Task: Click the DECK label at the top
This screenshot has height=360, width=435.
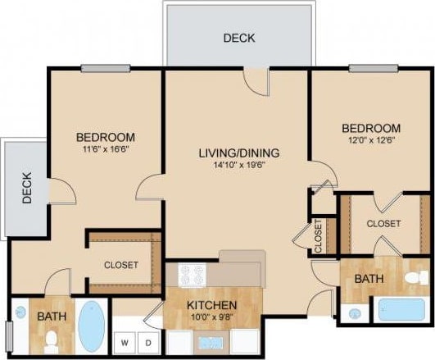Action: [x=238, y=38]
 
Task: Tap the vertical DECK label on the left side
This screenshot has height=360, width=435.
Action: [x=26, y=188]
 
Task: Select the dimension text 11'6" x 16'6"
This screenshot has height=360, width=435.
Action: [x=106, y=150]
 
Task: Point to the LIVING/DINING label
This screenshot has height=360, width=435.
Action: [x=239, y=153]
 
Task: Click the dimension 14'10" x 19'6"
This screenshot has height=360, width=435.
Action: [x=239, y=165]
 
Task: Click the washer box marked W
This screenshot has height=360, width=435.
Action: [x=125, y=340]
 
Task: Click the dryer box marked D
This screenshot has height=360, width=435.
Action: [x=148, y=340]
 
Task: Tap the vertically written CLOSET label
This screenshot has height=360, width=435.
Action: [x=318, y=235]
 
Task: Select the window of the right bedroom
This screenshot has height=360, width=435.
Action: [x=368, y=68]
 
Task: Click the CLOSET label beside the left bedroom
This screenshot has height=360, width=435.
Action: [x=120, y=265]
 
